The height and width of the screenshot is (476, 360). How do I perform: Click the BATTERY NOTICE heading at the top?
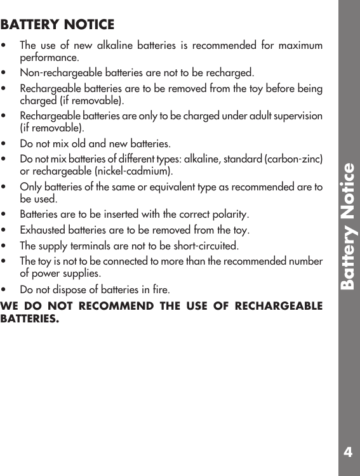[x=58, y=25]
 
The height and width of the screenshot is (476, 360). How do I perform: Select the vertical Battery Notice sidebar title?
[x=347, y=227]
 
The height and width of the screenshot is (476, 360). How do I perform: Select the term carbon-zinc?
[x=298, y=158]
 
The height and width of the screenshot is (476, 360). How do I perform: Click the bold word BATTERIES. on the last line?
[x=29, y=318]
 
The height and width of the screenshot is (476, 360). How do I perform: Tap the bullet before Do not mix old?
[x=5, y=143]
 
